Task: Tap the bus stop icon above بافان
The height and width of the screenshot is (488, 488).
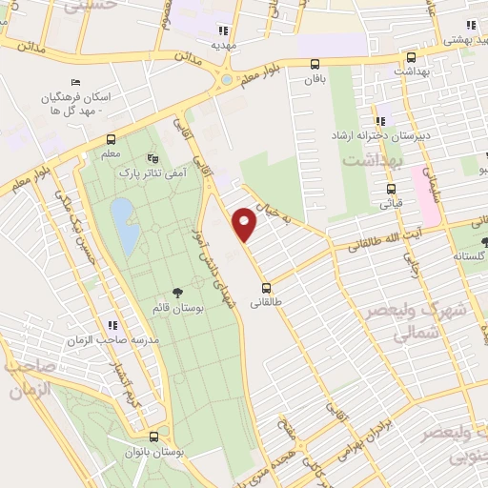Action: (x=315, y=65)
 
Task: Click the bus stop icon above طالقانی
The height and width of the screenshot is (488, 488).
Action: (x=266, y=287)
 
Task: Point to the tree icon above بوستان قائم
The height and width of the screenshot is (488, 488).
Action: (x=176, y=293)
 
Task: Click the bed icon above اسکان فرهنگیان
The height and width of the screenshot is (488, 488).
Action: (x=77, y=82)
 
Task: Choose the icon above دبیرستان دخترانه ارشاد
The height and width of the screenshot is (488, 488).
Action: (x=380, y=121)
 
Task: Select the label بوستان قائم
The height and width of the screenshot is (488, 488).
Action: (x=177, y=309)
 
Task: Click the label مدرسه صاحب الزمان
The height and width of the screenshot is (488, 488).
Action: (x=111, y=340)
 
